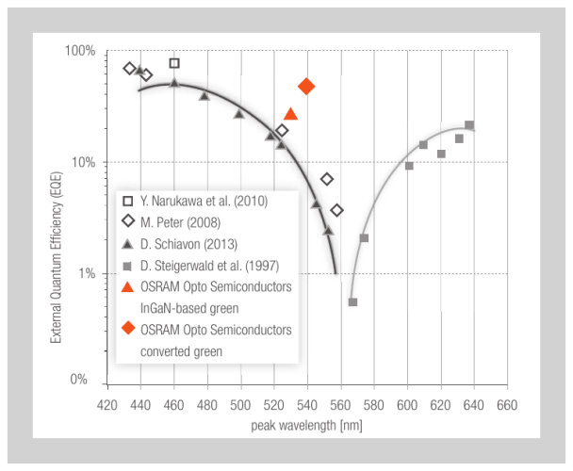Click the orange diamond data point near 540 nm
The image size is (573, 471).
click(x=306, y=87)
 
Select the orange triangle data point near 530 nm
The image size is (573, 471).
click(x=290, y=114)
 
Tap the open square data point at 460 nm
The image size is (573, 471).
click(x=174, y=63)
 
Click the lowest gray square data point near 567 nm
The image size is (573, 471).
click(x=352, y=302)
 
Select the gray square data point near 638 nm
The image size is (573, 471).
click(x=469, y=125)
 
